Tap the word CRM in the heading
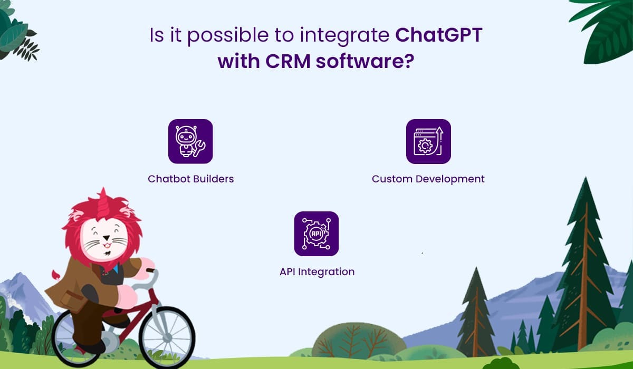288,61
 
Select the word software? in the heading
365,61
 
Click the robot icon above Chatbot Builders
190,141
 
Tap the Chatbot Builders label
191,179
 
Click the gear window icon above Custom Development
428,141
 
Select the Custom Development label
428,179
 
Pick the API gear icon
316,234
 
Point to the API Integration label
317,272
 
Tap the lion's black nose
107,238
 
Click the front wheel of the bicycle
167,338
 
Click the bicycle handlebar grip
150,270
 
